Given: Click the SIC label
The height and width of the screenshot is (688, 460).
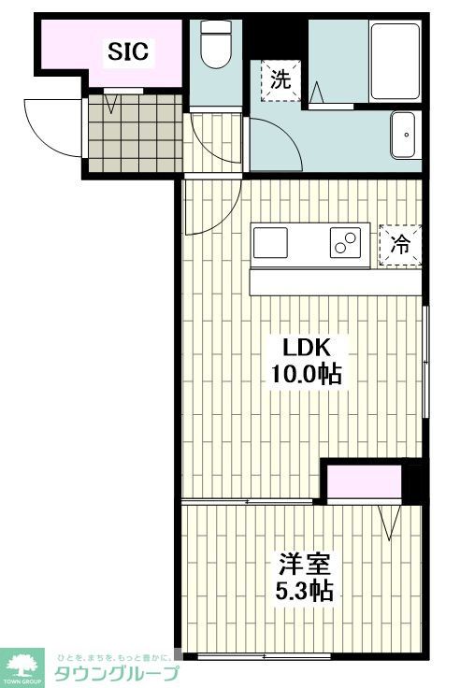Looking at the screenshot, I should pos(128,52).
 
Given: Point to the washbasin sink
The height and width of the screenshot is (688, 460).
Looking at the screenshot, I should pos(405,136).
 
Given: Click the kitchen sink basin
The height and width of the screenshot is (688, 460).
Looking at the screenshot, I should pos(272,242).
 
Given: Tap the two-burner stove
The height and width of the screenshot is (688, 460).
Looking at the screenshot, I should pos(345,243).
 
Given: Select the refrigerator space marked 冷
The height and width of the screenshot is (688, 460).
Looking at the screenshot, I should pos(400,245).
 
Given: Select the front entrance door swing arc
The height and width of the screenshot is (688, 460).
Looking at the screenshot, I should pos(51,127).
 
